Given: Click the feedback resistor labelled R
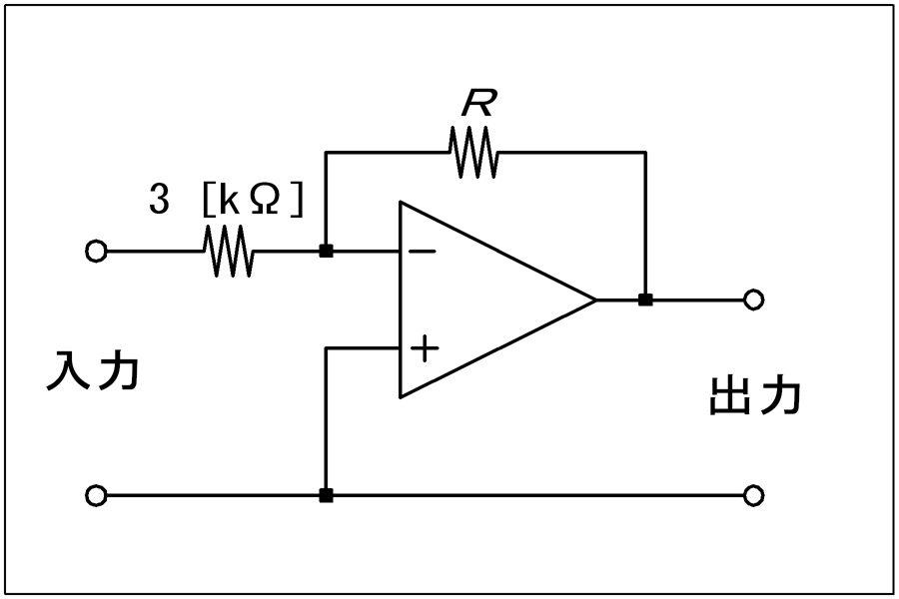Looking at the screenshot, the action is (x=473, y=152).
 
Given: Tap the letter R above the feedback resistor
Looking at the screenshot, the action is (x=477, y=104).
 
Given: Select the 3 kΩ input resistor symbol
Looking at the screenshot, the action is (x=228, y=251).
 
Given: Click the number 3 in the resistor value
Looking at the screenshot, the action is (x=159, y=200).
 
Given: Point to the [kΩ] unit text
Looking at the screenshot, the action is (x=253, y=200).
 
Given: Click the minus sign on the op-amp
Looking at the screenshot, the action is (x=422, y=251).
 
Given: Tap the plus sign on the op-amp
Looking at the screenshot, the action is (x=425, y=348).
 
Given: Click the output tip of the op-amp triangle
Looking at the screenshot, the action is (x=596, y=299).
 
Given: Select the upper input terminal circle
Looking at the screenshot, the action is (x=96, y=251).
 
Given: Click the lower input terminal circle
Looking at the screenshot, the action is (x=96, y=495).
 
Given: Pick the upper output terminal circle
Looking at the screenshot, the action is (x=753, y=299).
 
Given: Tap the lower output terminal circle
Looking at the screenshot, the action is (x=753, y=495).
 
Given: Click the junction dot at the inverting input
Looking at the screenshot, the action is (x=326, y=251).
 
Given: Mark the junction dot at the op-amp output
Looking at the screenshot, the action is (x=645, y=299).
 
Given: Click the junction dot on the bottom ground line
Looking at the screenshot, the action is (x=326, y=495).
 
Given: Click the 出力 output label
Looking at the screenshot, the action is (x=755, y=395).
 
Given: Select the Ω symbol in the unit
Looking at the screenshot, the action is (x=266, y=200).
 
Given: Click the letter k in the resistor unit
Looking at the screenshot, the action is (x=230, y=200).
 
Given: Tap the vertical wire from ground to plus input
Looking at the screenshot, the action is (x=325, y=421).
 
